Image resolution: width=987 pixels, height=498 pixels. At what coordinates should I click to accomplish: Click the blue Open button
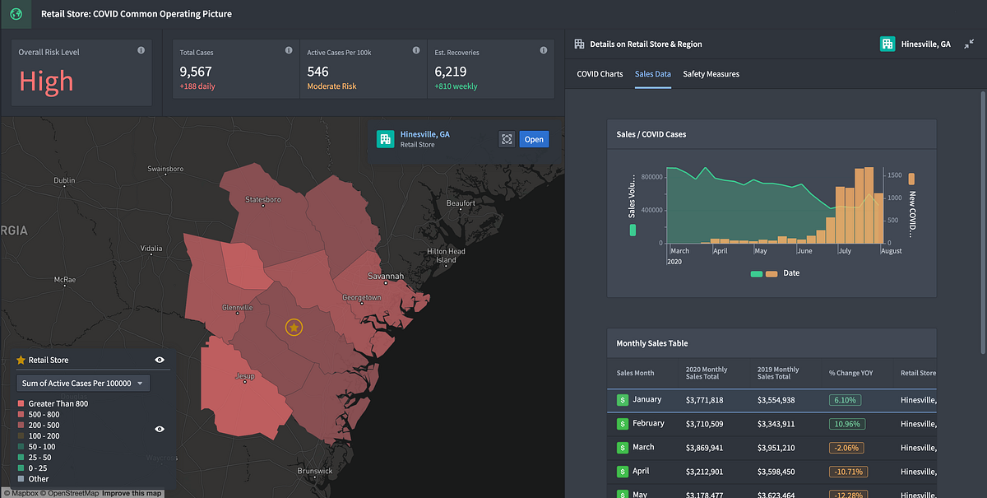click(534, 139)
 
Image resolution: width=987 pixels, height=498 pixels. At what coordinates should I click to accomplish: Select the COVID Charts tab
click(600, 74)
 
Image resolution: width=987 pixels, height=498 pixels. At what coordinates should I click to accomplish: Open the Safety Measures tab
click(711, 74)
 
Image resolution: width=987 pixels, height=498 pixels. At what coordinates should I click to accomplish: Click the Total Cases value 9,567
click(197, 72)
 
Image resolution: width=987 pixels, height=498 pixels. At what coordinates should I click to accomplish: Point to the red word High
click(46, 81)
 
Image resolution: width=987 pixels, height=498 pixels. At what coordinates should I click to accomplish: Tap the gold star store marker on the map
click(294, 328)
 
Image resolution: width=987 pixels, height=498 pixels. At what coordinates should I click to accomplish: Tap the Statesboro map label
click(263, 200)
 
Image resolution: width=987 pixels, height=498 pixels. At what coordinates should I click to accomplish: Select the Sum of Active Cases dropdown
click(83, 384)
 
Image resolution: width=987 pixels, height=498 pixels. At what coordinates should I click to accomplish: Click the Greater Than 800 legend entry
click(58, 403)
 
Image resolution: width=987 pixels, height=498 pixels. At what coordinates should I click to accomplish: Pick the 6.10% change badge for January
click(845, 400)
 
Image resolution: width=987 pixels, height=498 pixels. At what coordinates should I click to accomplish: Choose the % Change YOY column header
click(850, 373)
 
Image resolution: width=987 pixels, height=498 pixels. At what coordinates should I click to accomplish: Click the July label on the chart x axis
click(844, 251)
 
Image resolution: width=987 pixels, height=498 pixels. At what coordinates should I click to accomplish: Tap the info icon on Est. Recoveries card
click(544, 51)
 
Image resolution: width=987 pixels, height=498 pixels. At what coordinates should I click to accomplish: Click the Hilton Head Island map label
click(445, 255)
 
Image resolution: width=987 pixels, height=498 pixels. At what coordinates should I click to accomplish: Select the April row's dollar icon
click(623, 472)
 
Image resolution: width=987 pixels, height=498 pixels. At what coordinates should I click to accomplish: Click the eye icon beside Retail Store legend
click(160, 360)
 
